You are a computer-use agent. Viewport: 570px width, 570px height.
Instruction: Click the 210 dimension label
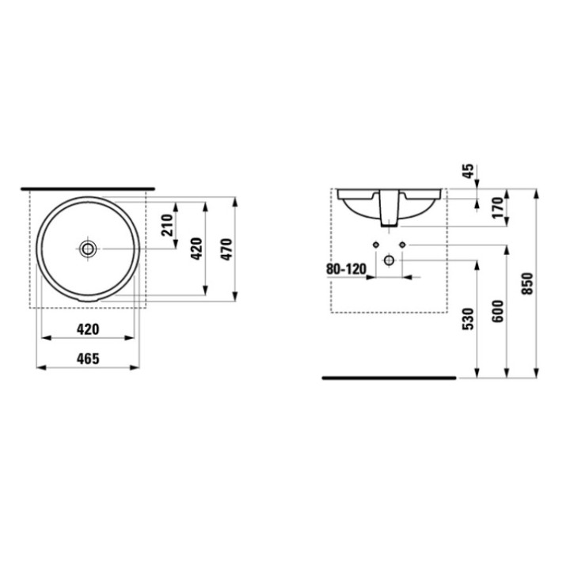click(x=167, y=226)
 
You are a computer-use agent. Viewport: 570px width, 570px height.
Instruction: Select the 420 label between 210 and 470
click(x=197, y=249)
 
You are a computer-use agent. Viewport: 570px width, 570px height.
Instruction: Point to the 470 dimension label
click(x=226, y=249)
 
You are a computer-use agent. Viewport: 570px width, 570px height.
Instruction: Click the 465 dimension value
click(x=87, y=359)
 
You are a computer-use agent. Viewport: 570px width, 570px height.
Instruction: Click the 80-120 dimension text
click(x=346, y=269)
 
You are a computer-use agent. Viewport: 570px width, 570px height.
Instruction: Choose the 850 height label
click(x=528, y=284)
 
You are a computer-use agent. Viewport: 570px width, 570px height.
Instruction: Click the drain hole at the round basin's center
click(x=88, y=249)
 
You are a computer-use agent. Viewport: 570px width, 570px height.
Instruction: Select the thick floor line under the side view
click(x=389, y=378)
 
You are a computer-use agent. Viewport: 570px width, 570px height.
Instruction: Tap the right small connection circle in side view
click(x=402, y=245)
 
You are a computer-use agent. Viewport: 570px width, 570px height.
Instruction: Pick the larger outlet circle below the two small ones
click(x=389, y=260)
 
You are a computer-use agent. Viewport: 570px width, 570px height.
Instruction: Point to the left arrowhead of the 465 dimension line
click(x=40, y=367)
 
